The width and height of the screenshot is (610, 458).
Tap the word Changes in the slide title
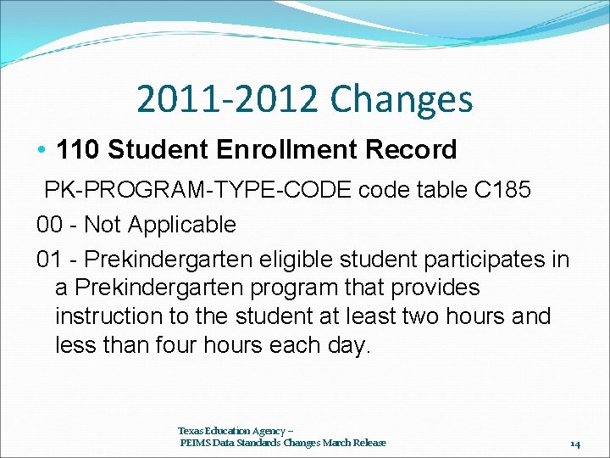[x=402, y=99]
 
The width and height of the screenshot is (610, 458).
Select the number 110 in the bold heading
[x=79, y=150]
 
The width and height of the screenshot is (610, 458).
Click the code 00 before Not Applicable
[x=49, y=225]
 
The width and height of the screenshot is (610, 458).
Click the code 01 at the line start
[x=49, y=258]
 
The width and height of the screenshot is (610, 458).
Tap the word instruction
[x=108, y=316]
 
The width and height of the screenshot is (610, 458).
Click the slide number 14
[x=574, y=443]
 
